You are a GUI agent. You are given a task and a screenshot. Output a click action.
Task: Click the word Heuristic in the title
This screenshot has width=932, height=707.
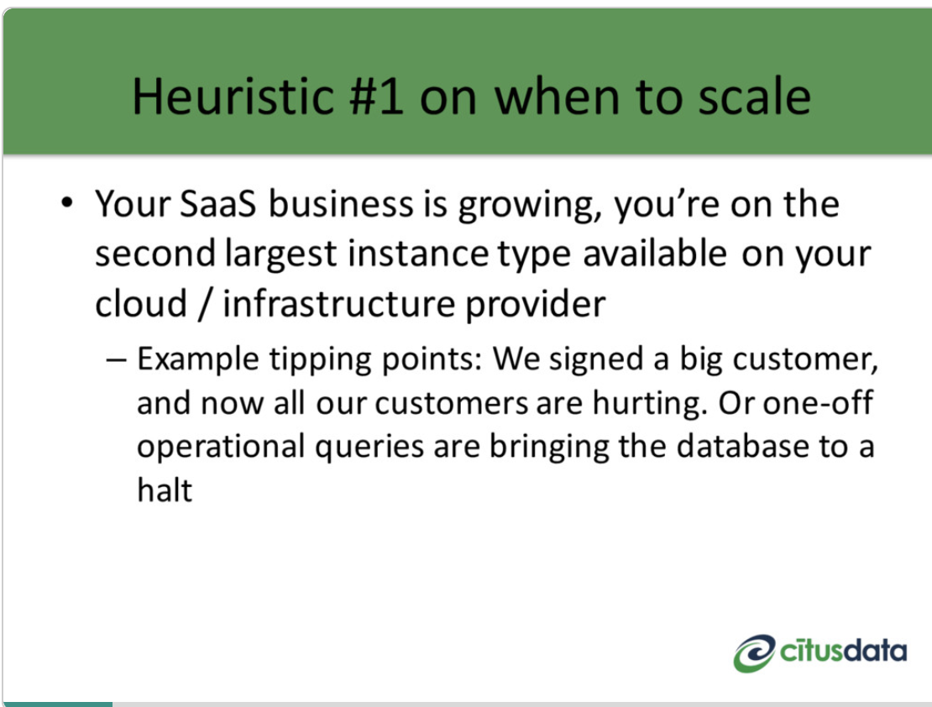233,96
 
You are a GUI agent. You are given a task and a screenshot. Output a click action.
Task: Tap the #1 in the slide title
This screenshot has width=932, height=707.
376,96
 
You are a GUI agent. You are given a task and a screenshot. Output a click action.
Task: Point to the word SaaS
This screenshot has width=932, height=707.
217,204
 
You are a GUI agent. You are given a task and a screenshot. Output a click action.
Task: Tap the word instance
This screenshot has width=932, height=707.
418,254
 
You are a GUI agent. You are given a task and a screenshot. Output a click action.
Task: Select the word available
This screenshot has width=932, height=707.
654,253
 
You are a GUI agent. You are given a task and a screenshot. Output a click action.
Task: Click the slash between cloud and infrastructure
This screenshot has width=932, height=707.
205,304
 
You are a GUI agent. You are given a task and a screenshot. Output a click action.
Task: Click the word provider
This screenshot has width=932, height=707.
535,305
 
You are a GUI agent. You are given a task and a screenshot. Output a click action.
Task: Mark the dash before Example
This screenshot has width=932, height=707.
116,360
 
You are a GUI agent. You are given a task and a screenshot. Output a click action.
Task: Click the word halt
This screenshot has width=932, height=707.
165,490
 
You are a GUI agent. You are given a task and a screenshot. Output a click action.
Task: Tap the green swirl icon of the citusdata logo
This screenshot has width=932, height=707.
754,653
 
